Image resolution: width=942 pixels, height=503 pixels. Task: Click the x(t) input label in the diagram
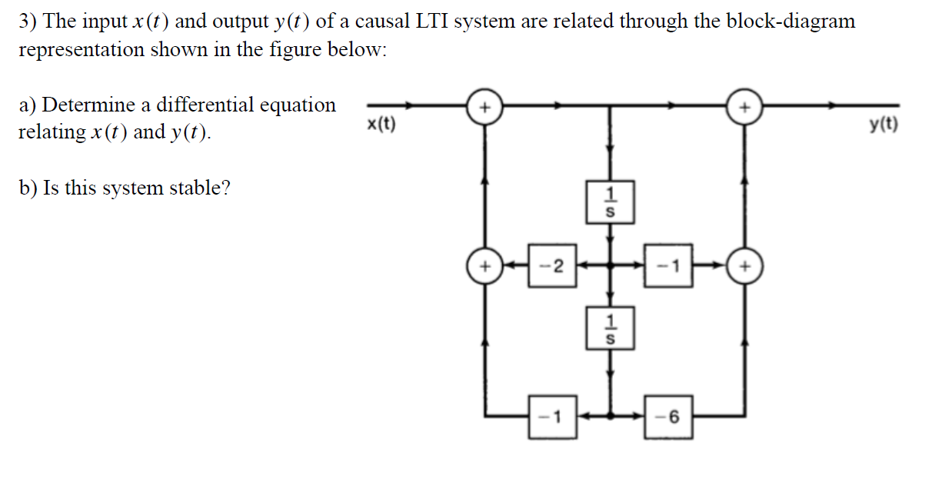point(381,124)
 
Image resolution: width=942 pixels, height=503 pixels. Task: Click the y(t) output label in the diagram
point(883,125)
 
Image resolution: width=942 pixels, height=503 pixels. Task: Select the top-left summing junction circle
point(484,107)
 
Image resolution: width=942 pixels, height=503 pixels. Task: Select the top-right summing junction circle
point(744,107)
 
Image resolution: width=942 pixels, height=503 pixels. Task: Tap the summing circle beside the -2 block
point(484,266)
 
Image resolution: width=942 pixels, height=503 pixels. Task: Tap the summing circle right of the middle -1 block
point(744,266)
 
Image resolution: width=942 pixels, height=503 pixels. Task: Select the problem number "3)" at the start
point(28,21)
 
